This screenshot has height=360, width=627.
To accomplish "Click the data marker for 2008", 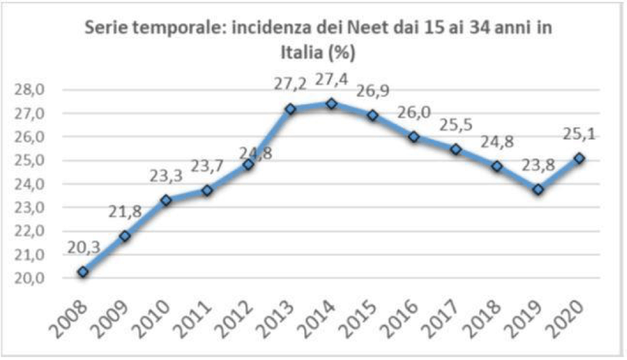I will point(83,272).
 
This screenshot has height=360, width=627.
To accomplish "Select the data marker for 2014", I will point(332,104).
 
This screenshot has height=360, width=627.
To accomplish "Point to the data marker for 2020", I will point(579,158).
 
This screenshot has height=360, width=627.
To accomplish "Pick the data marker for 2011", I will point(207,190).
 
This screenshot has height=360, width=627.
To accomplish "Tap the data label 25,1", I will point(580,134).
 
